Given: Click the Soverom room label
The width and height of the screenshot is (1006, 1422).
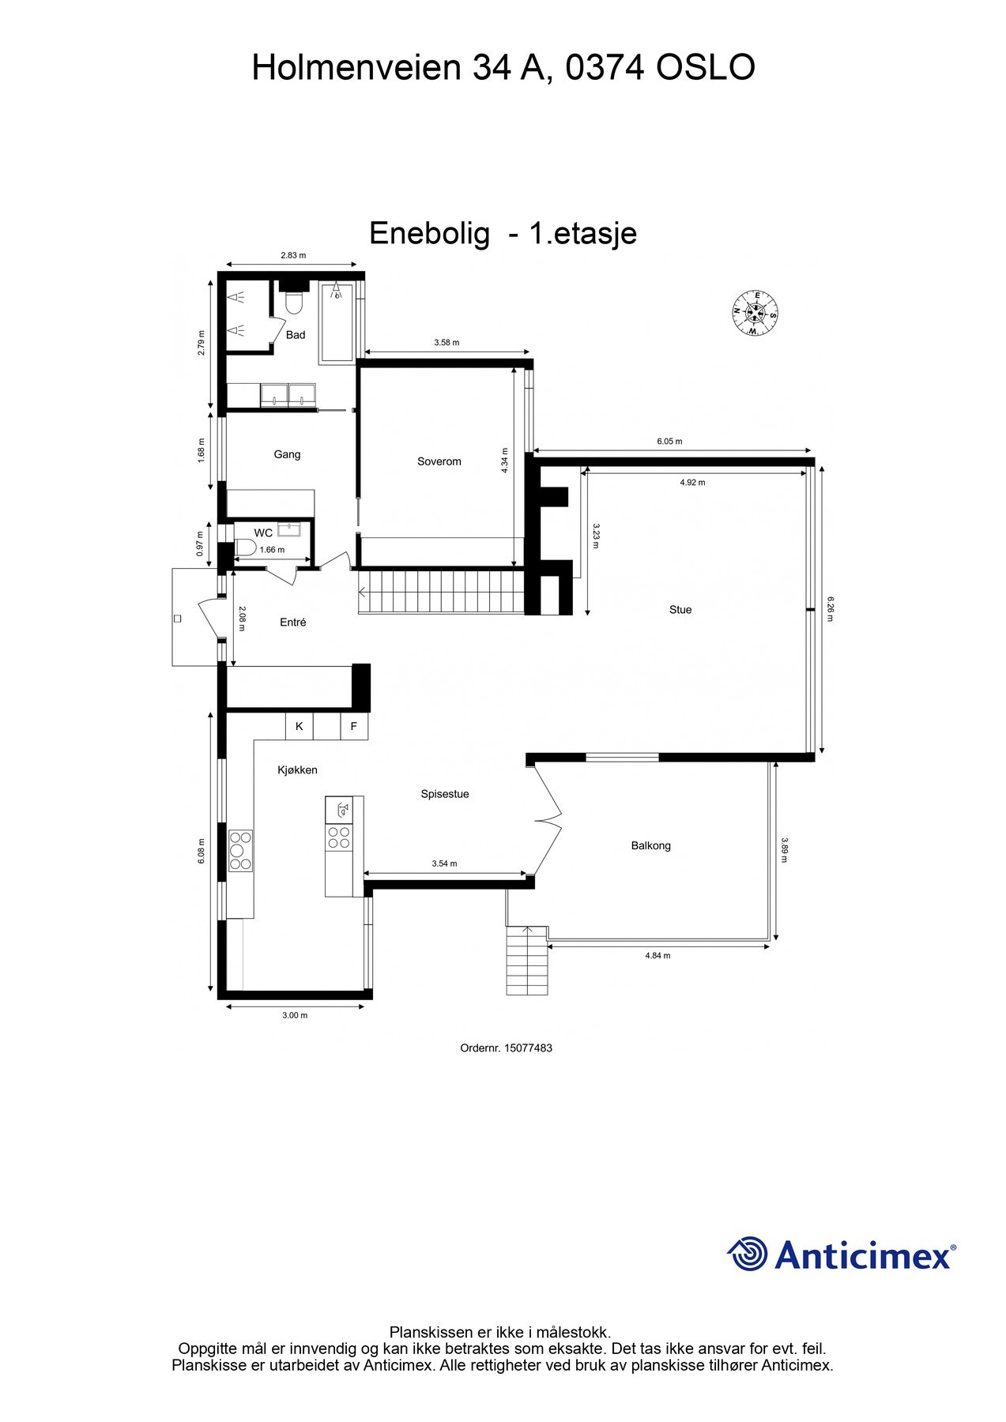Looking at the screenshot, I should point(439,461).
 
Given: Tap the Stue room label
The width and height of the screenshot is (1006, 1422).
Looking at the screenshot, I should point(680,609).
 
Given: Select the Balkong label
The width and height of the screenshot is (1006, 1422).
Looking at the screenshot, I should point(650,845).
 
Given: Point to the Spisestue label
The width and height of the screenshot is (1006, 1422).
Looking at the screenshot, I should point(444,794).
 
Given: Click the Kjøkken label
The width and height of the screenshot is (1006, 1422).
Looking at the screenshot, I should point(297,769).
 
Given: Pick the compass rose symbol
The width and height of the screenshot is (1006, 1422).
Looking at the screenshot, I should point(755,313).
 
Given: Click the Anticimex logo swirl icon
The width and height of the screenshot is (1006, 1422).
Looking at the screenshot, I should point(747,1254).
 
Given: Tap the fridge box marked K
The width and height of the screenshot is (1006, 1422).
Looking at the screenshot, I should point(299,726).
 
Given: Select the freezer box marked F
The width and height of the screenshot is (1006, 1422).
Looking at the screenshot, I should point(354,726).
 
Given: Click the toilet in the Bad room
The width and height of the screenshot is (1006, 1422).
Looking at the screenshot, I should point(295,303).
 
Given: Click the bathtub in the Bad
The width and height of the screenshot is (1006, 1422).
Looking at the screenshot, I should point(337,322).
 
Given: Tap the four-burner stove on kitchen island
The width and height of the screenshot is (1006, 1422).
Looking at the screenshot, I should point(339,837).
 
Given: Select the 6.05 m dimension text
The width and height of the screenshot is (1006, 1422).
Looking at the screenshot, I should point(669,442).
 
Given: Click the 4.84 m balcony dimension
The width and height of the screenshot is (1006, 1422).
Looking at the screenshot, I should point(657,955).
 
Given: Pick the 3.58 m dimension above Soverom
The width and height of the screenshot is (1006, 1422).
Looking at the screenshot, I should point(446,343).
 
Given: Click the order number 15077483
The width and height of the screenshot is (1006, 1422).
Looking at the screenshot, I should point(506,1048).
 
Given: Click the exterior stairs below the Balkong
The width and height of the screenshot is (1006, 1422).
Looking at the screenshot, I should point(526,960).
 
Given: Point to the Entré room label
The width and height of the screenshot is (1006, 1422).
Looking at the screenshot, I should point(292,623).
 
